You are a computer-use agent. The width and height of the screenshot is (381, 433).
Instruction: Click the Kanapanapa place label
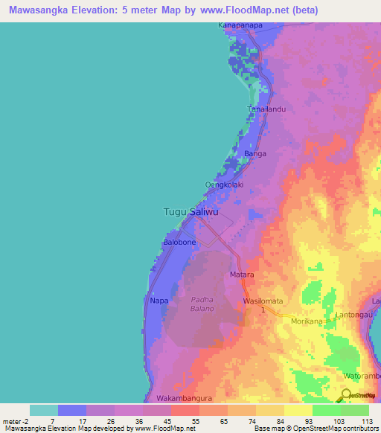240,25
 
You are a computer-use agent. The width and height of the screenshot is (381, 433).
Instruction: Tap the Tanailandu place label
266,109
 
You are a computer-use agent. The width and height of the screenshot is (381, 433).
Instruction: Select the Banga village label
255,154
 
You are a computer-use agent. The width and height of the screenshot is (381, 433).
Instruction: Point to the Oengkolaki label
224,185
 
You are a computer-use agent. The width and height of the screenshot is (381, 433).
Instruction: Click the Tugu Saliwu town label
191,212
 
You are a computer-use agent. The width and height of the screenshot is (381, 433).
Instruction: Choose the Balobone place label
179,243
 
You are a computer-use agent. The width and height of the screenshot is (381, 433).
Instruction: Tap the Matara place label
242,275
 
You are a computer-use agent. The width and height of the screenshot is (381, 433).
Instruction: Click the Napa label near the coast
159,301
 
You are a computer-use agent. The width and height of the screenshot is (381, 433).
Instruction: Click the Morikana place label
307,321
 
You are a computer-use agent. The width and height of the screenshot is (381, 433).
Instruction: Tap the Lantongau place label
355,315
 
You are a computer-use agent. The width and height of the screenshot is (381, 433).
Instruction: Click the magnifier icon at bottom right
346,396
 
